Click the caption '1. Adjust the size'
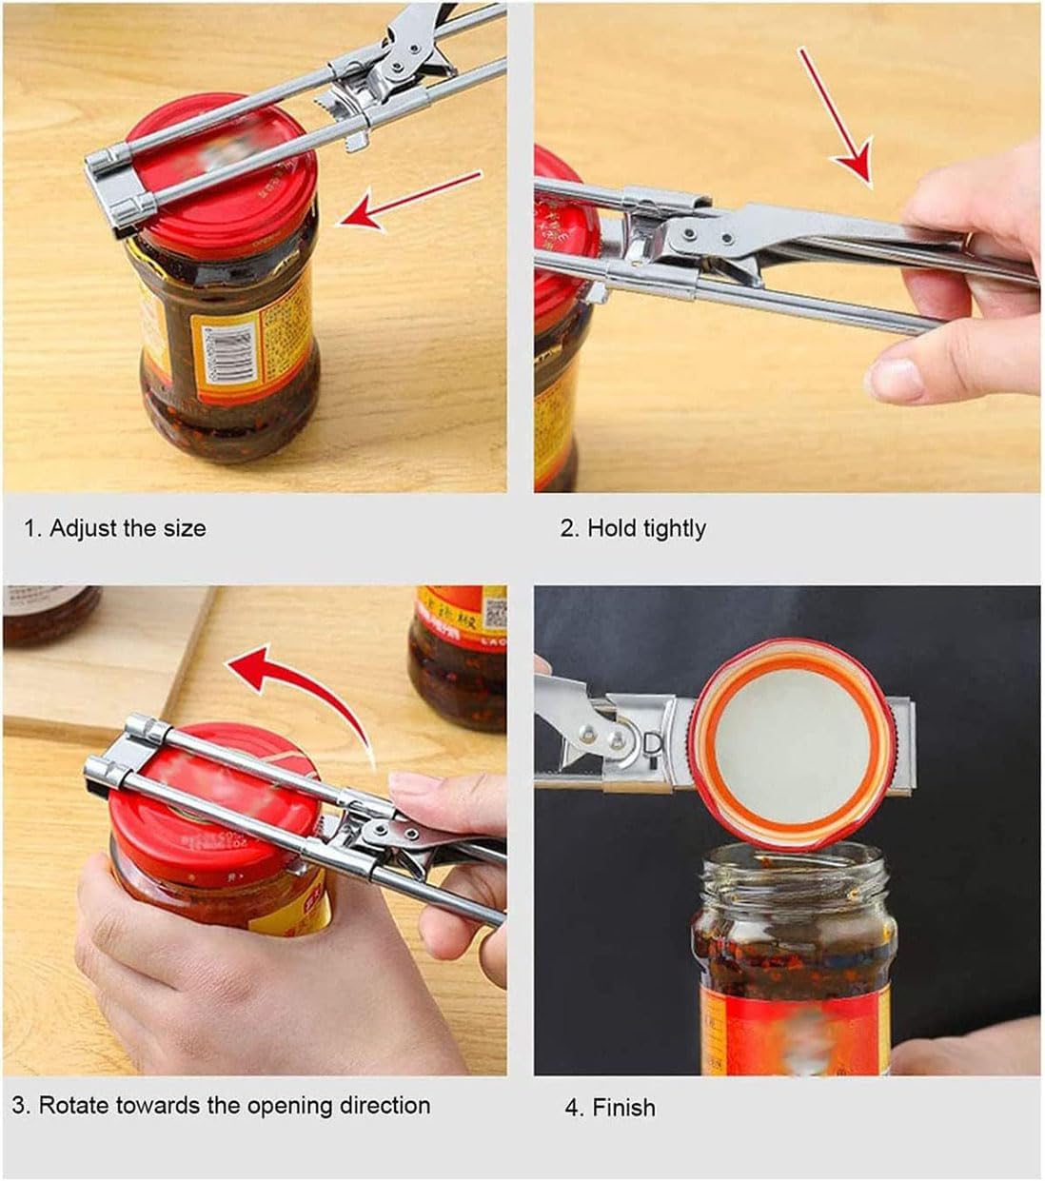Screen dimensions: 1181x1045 click(114, 527)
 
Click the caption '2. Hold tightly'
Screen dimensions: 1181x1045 click(632, 527)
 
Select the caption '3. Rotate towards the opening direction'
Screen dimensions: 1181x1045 click(221, 1105)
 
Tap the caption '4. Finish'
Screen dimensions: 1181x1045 click(609, 1107)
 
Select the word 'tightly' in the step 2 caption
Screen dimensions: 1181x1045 click(672, 527)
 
